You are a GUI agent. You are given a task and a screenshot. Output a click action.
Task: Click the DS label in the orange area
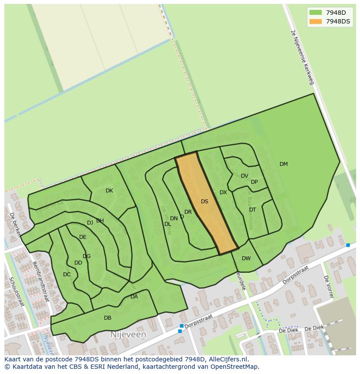[x=204, y=202]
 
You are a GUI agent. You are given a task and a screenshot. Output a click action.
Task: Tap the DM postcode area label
[x=283, y=164]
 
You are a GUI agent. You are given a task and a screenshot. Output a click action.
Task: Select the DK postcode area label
[x=109, y=191]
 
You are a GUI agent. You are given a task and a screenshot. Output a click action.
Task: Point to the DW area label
[x=246, y=258]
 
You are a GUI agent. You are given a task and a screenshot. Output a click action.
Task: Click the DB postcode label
[x=107, y=318]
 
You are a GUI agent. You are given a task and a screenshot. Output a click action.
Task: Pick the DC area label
[x=67, y=275]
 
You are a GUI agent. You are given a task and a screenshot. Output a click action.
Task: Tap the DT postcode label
[x=253, y=210]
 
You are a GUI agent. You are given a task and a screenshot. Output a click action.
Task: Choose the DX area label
[x=223, y=192]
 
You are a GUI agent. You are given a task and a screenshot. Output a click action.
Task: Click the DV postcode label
[x=244, y=176]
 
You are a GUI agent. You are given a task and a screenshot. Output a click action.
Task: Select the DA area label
[x=134, y=297]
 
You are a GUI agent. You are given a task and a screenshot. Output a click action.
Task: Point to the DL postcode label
[x=167, y=224]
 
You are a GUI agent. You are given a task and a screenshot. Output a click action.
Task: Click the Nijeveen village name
[x=128, y=335]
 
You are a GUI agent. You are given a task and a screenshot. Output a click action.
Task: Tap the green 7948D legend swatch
[x=315, y=13]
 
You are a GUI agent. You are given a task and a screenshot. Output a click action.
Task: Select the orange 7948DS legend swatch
[x=315, y=21]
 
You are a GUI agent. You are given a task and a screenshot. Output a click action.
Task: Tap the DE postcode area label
[x=83, y=237]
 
